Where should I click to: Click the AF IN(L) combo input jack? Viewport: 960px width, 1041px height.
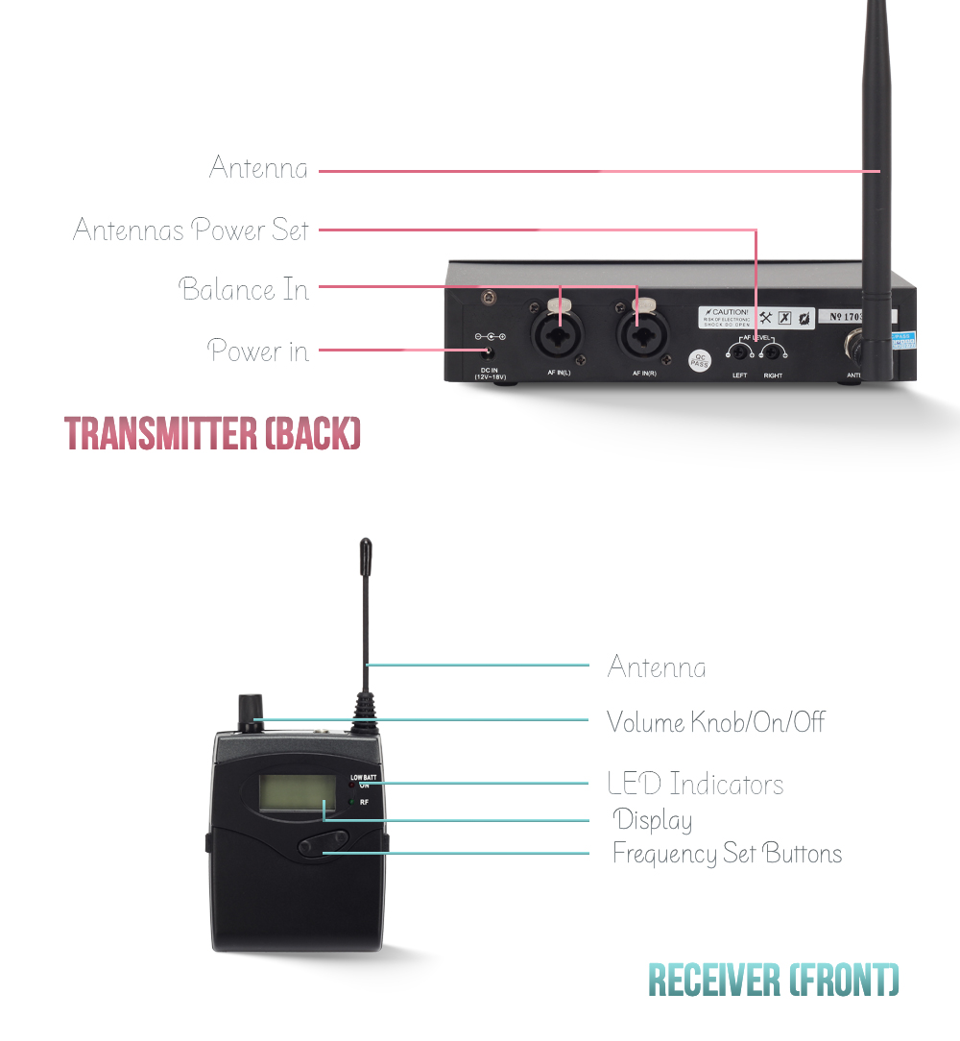[558, 336]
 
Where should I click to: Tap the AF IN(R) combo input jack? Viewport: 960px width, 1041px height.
[637, 336]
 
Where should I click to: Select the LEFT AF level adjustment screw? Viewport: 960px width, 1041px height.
[740, 351]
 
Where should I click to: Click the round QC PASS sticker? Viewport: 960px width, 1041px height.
[700, 362]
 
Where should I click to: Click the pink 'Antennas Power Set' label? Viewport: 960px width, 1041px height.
[192, 230]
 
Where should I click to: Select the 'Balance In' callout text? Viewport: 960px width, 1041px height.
[245, 289]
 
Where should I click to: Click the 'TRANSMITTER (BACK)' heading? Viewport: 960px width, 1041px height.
[212, 434]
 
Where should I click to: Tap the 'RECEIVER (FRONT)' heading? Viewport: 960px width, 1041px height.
[774, 980]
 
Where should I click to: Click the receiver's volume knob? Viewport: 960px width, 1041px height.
[252, 711]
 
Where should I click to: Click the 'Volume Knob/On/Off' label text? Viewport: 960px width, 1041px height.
[715, 722]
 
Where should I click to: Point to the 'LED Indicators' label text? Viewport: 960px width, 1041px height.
[695, 784]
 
